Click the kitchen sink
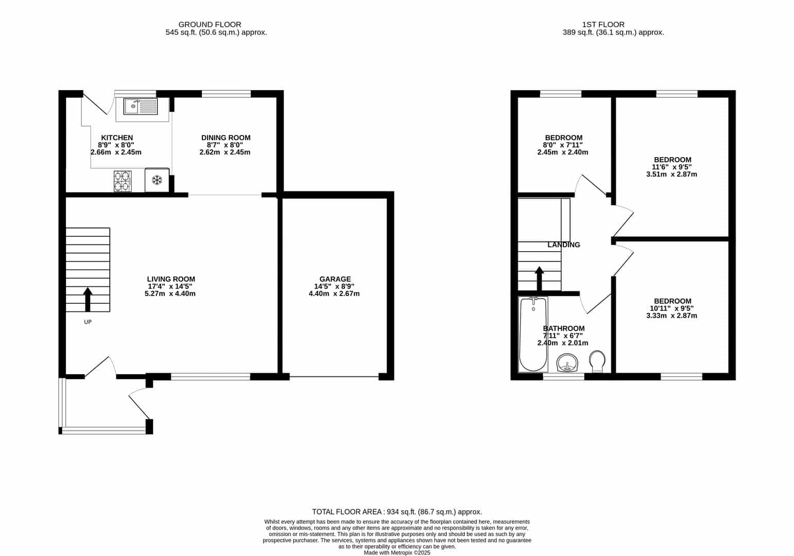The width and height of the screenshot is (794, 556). tap(141, 107)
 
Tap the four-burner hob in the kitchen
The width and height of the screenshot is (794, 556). tap(123, 181)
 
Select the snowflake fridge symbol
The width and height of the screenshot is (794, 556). tap(157, 180)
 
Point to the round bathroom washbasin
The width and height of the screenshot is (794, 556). tap(567, 362)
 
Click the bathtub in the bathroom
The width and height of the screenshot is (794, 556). tap(533, 334)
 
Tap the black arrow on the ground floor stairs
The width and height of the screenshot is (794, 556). tap(88, 300)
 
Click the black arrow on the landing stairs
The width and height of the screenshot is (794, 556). tap(539, 279)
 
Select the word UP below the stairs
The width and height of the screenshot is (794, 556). tap(88, 322)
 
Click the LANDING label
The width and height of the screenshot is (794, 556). tap(564, 245)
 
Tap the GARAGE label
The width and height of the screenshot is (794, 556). tap(335, 279)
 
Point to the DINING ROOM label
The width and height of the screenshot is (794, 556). tap(226, 138)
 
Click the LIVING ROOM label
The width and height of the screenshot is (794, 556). tap(171, 279)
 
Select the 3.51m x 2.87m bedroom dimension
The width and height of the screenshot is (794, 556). tap(672, 175)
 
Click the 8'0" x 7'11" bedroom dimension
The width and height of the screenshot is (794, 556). tap(564, 145)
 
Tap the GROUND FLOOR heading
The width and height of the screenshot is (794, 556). tap(210, 24)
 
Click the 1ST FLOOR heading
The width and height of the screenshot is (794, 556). tap(603, 24)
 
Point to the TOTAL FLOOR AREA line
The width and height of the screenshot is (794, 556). tap(397, 512)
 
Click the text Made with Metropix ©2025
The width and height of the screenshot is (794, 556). tap(397, 553)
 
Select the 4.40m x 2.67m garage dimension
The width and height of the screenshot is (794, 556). tap(334, 294)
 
